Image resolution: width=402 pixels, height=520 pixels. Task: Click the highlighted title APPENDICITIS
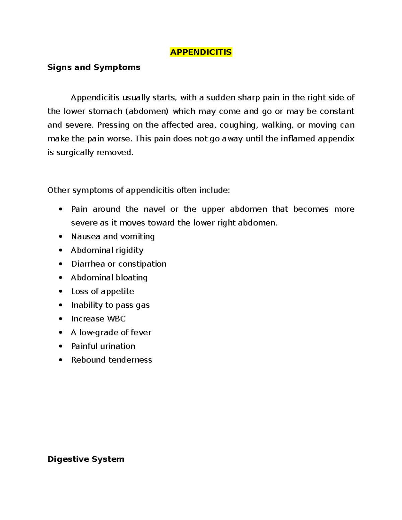click(201, 52)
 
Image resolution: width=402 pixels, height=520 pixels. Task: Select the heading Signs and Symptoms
click(94, 67)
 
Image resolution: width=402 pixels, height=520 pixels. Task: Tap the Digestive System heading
click(86, 459)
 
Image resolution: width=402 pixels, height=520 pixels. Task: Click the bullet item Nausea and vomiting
click(113, 237)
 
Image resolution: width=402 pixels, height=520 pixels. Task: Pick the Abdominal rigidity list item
click(107, 250)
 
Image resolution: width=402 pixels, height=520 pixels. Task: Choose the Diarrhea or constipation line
click(119, 264)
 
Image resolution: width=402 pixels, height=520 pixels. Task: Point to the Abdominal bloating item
click(109, 278)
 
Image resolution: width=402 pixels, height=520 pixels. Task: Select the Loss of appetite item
click(103, 292)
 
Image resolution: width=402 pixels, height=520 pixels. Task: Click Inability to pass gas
click(110, 305)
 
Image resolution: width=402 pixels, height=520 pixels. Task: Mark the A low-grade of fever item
click(111, 332)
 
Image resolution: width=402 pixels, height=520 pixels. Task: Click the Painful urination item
click(103, 346)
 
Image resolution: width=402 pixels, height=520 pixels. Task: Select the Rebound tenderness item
click(112, 360)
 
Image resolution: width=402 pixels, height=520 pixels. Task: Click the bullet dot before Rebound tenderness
click(60, 360)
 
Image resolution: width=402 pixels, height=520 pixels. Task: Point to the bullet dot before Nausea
click(60, 237)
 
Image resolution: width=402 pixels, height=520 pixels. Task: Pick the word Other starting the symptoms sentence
click(59, 191)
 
